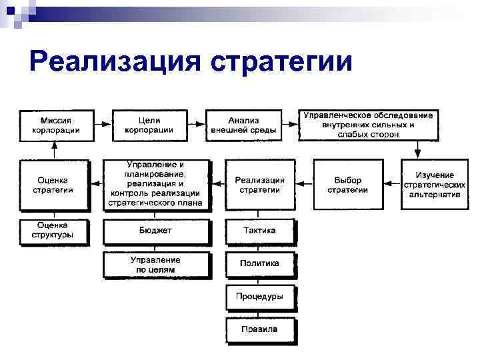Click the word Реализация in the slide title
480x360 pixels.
point(115,61)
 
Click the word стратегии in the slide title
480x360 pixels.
point(281,63)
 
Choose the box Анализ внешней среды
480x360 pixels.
point(243,125)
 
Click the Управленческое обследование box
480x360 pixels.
point(368,125)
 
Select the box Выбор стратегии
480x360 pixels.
point(347,185)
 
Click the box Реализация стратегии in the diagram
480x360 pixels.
point(259,185)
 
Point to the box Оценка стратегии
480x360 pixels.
point(53,185)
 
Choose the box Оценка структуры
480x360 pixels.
point(53,231)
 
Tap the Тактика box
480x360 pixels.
point(259,231)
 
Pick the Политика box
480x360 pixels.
point(259,263)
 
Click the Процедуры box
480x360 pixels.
point(259,296)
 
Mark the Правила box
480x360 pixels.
point(259,329)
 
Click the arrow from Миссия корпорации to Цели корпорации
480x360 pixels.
point(101,125)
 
